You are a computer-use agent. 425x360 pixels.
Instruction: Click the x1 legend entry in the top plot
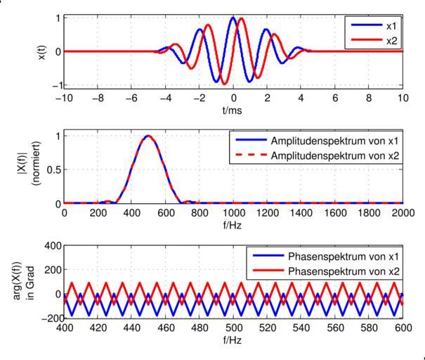click(388, 25)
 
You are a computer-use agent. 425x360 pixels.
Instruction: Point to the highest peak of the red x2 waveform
click(241, 19)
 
